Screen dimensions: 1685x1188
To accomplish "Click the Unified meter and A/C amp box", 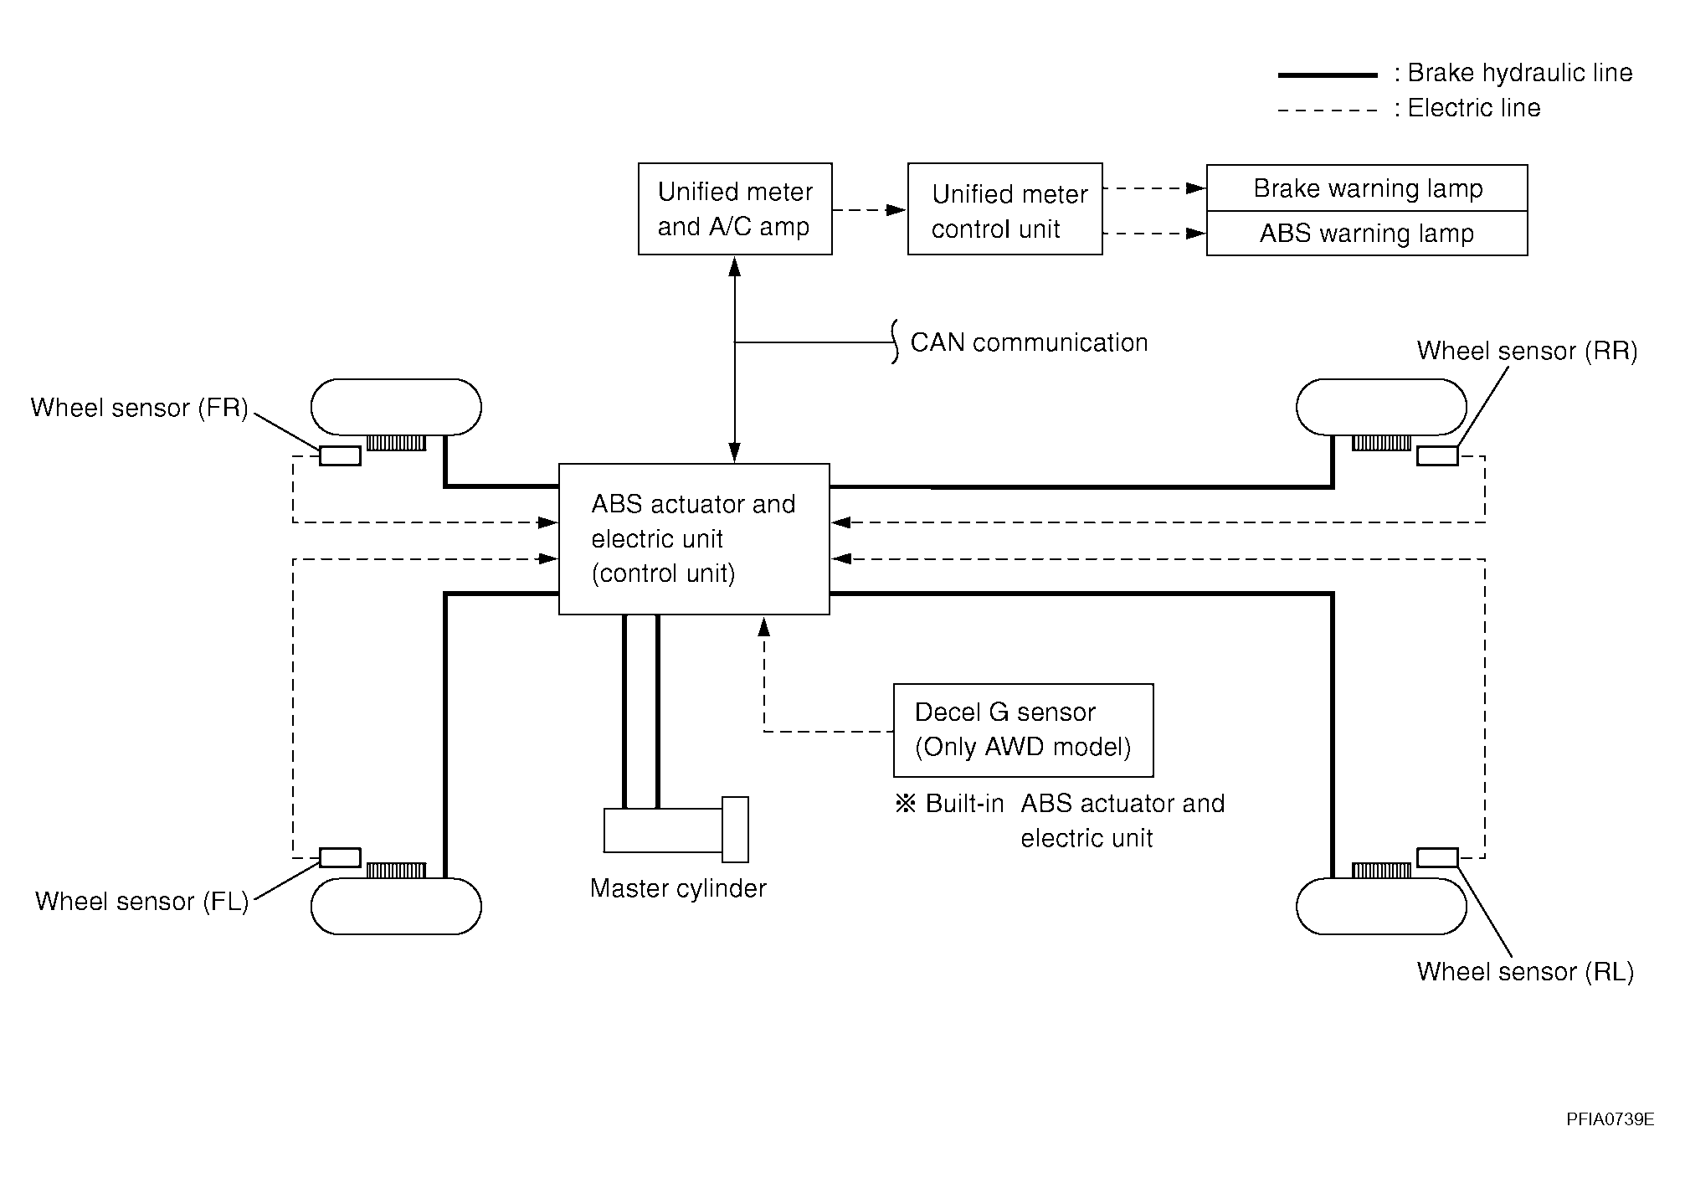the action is coord(735,209).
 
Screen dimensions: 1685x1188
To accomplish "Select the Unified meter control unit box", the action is coord(1004,209).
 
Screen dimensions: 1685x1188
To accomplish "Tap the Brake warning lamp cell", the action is coord(1367,188).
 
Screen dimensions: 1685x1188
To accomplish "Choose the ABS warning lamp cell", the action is coord(1367,234).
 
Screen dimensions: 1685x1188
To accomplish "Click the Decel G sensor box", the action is coord(1023,730).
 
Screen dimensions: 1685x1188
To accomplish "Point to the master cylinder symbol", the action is coord(676,829).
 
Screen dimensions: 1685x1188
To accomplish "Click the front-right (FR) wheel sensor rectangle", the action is coord(340,455).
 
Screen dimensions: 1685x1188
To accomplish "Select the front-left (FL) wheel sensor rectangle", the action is coord(340,857).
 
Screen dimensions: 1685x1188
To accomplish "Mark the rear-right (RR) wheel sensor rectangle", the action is coord(1437,455).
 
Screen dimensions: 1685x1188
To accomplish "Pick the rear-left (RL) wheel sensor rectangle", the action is coord(1437,857).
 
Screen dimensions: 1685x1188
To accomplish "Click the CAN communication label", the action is coord(1029,342).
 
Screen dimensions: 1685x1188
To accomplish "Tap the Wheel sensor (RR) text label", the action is coord(1527,351).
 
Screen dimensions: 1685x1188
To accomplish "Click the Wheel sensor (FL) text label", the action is coord(142,902).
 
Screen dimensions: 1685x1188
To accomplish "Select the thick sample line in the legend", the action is coord(1328,75).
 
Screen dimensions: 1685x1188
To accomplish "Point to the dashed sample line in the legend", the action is coord(1328,110).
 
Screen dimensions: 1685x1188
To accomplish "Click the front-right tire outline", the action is coord(396,407).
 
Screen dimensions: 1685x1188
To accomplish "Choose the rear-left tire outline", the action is coord(1381,906).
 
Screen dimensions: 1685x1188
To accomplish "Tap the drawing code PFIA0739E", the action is coord(1611,1119).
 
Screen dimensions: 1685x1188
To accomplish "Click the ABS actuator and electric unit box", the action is coord(694,539).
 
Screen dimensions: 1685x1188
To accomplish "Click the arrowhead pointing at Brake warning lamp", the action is coord(1197,188).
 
